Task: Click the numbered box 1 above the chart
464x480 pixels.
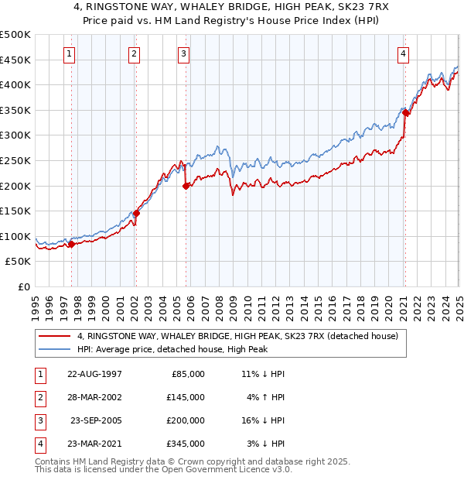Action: (x=70, y=54)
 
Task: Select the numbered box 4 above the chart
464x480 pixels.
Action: (x=404, y=54)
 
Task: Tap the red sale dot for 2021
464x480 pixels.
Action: (x=405, y=113)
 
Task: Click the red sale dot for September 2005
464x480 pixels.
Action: (x=186, y=186)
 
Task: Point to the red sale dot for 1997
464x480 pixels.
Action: (x=72, y=244)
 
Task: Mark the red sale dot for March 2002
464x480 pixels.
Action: (x=136, y=214)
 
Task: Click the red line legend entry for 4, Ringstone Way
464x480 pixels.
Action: (x=237, y=336)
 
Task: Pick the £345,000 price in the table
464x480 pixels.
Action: (x=186, y=444)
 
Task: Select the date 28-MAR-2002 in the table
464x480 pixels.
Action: (x=95, y=397)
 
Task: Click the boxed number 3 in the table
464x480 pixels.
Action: (x=38, y=420)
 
